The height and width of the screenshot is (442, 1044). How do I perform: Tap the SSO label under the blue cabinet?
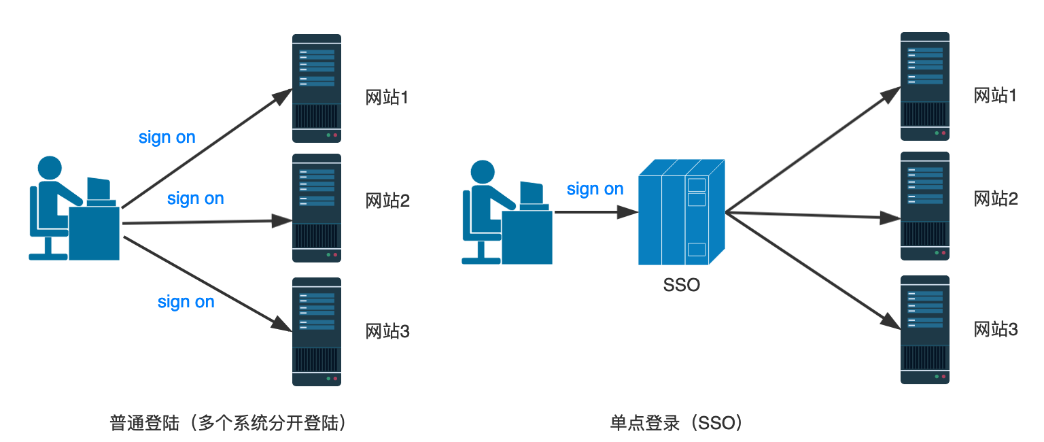point(681,285)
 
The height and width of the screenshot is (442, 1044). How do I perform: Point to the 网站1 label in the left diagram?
point(387,97)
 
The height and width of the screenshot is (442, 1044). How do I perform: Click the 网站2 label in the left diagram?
point(387,201)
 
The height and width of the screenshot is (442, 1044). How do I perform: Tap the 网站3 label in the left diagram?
point(387,331)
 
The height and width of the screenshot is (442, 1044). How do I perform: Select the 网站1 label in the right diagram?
point(995,95)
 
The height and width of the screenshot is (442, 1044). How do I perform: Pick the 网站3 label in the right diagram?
point(995,330)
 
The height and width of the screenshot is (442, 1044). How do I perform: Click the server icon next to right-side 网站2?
point(924,205)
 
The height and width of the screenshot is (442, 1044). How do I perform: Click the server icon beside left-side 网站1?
point(316,88)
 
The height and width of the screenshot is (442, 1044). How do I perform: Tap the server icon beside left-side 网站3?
point(316,331)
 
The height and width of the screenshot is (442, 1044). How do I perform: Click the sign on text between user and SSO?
point(595,189)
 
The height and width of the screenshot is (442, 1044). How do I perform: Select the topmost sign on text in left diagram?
point(167,137)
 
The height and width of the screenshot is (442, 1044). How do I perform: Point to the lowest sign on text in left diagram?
point(186,301)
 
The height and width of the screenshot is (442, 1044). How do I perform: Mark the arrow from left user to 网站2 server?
point(204,222)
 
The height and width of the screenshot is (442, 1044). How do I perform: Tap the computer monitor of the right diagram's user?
point(532,192)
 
